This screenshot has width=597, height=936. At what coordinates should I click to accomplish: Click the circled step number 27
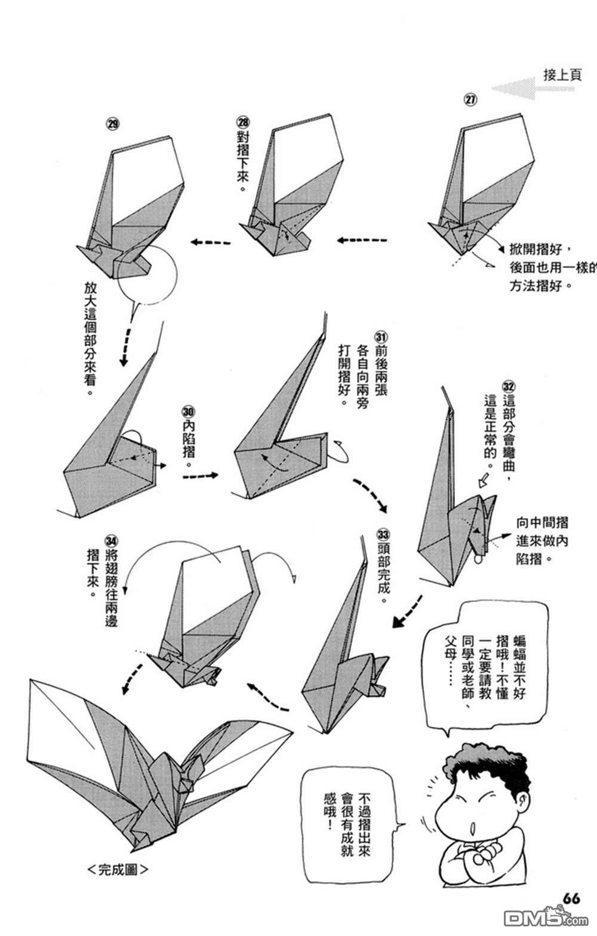(x=470, y=99)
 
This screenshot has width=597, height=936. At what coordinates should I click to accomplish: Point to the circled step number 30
(x=189, y=412)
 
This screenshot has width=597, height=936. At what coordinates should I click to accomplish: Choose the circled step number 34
(x=111, y=541)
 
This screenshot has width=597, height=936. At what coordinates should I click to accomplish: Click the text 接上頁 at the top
(x=562, y=75)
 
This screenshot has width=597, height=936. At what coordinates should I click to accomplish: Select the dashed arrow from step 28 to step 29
(x=210, y=242)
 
